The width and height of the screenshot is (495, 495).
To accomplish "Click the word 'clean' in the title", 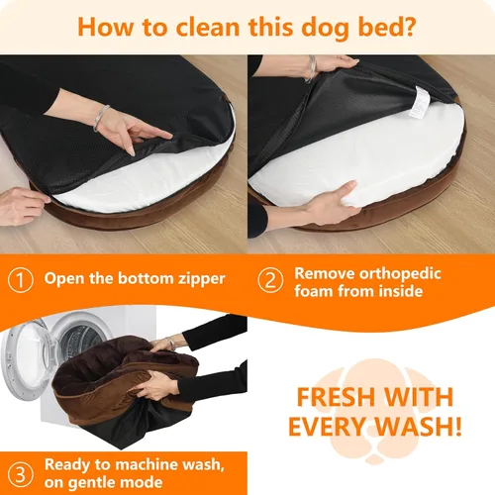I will point(195,26).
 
